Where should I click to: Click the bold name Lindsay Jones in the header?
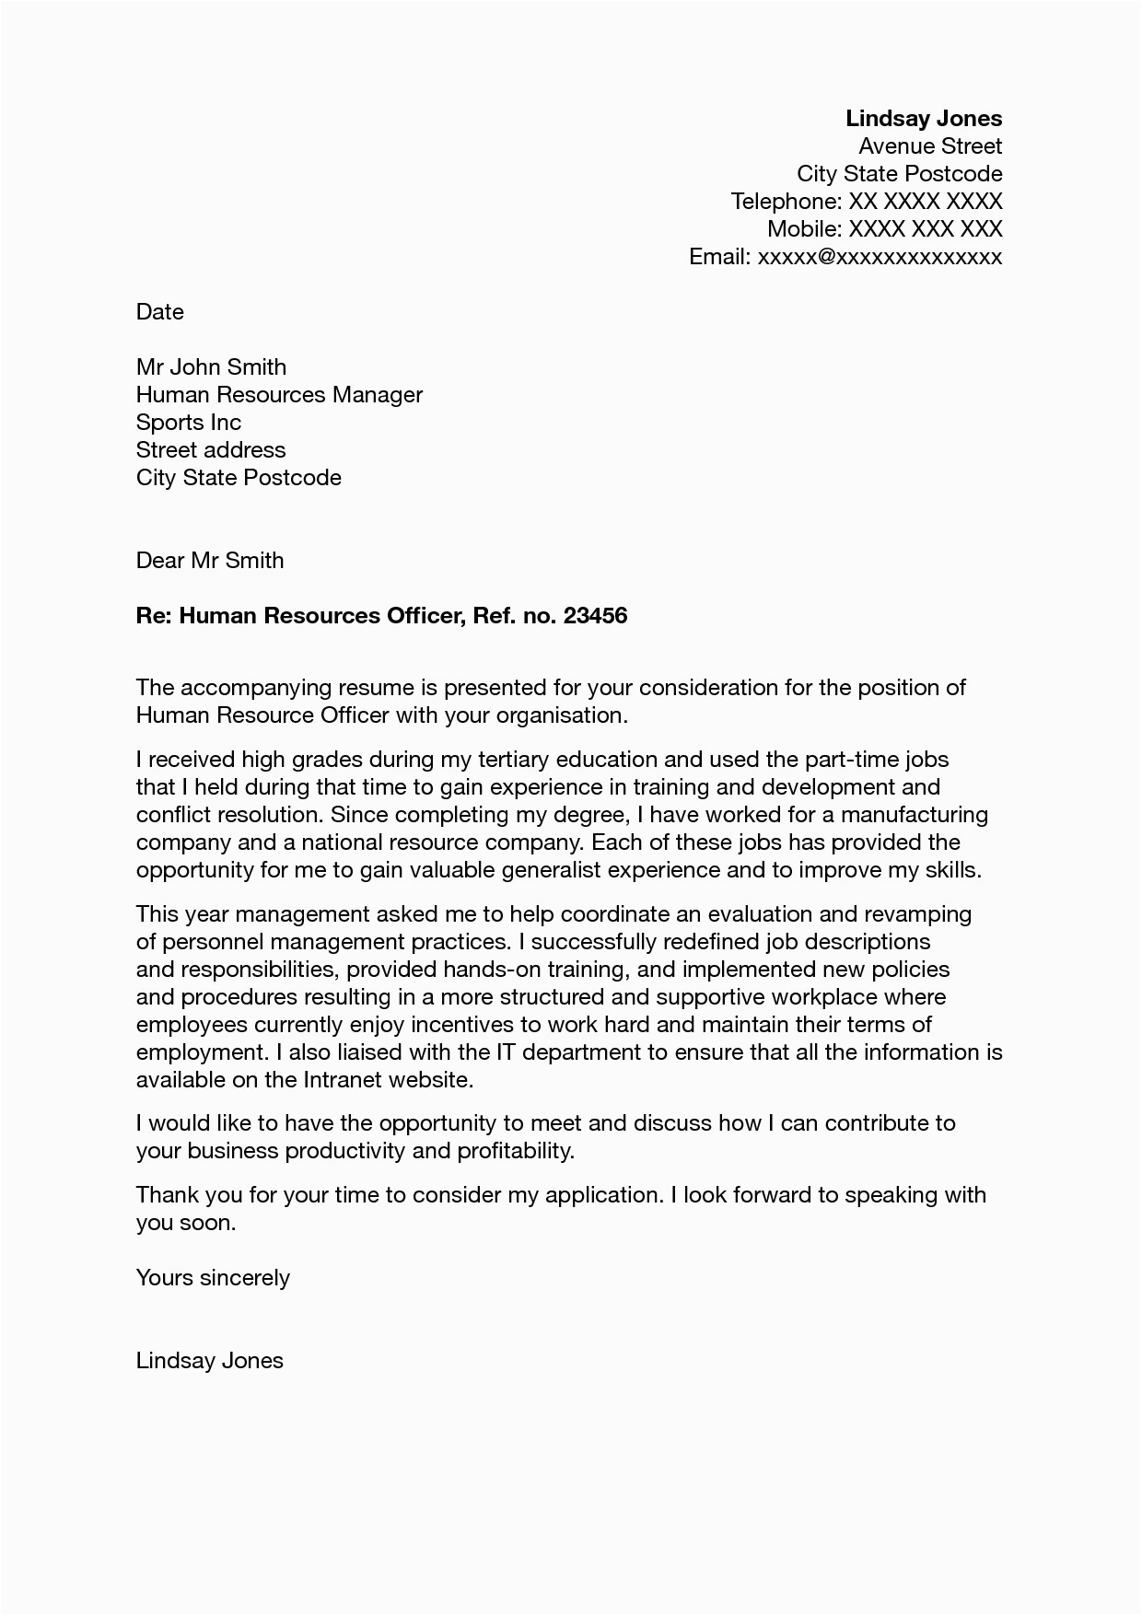(924, 118)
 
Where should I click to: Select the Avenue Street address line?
(930, 145)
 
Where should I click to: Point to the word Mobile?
(803, 228)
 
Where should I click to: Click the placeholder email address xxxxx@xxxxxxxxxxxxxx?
(880, 256)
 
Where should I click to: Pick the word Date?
(160, 311)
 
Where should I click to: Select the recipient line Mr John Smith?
(211, 366)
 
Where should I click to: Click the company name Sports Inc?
(189, 422)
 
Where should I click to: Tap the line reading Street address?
(211, 449)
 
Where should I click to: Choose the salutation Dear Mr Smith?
(210, 560)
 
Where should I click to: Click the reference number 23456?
(595, 615)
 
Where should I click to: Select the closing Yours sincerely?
(213, 1277)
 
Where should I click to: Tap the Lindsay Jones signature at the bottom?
(210, 1360)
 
